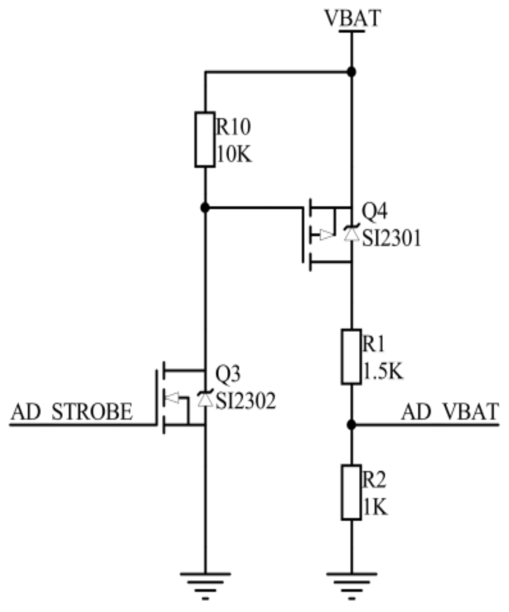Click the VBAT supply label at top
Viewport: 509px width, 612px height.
point(352,18)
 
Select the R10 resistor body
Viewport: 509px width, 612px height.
point(205,140)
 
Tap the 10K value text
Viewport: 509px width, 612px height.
point(234,155)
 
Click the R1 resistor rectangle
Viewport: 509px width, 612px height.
point(351,357)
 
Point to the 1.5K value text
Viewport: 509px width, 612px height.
point(382,371)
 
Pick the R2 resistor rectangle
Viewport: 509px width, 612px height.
point(351,493)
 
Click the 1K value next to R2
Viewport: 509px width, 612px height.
point(375,507)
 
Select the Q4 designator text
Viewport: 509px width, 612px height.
point(374,212)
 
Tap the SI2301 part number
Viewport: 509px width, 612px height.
point(391,238)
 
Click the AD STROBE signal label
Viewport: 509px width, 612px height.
point(72,412)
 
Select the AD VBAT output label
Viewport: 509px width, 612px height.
point(449,412)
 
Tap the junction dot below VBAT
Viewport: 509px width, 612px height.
point(351,72)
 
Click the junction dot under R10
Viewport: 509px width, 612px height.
point(205,208)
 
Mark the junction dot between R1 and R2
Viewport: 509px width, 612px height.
point(351,424)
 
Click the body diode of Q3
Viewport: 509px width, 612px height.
point(204,399)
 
